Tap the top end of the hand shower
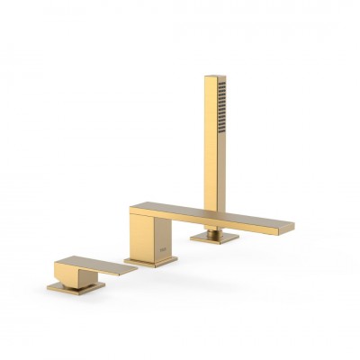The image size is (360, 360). coord(211,77)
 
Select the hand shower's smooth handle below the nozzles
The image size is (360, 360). coord(212,180)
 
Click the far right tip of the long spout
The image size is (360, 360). coord(293,226)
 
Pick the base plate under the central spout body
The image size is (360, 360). coord(150,262)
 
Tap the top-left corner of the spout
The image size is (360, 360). coord(130,209)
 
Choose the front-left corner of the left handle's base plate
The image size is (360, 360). coord(49,288)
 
